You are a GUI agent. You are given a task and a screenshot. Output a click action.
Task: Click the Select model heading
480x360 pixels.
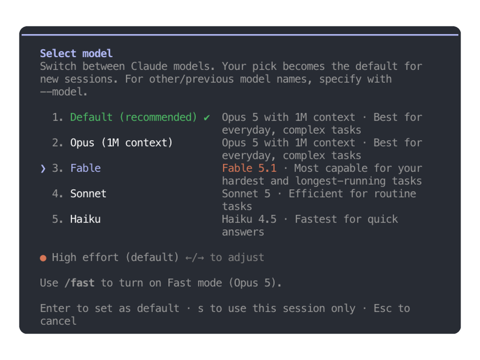(76, 54)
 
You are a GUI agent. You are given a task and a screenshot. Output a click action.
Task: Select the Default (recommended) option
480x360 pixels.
(134, 117)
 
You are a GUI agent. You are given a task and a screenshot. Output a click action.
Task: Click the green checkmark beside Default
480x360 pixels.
(207, 118)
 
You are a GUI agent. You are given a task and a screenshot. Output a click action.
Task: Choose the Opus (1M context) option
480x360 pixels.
(122, 143)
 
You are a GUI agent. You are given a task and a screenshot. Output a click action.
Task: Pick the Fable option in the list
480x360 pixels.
(85, 168)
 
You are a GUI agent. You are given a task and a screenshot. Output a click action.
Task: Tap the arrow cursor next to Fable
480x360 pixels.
(43, 168)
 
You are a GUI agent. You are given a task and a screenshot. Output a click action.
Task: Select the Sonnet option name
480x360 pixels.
(88, 194)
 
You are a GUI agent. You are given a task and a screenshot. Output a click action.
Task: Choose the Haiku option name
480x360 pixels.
(85, 219)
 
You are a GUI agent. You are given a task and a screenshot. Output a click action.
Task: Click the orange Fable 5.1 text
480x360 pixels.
(249, 168)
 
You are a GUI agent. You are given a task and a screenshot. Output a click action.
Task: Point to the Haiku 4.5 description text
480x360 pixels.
(249, 219)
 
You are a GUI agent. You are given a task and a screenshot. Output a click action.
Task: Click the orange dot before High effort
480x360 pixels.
(43, 258)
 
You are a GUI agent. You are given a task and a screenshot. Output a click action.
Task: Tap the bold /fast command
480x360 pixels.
(80, 283)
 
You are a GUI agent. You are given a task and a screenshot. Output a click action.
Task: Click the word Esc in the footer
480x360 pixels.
(383, 308)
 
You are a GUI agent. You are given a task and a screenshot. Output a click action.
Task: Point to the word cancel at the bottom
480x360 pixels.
(58, 321)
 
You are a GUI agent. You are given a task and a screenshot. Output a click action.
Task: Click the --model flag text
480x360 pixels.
(64, 92)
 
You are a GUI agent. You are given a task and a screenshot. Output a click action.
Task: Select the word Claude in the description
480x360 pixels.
(149, 67)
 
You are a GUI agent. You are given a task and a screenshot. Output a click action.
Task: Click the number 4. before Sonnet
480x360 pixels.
(58, 194)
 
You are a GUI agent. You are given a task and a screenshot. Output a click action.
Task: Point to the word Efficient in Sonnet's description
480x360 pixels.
(316, 194)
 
